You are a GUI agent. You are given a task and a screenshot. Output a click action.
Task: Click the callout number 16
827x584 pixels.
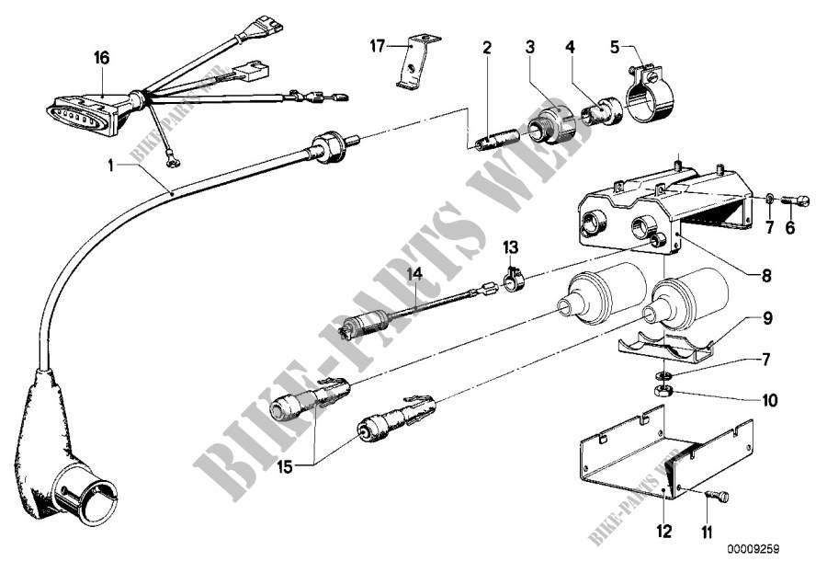(101, 58)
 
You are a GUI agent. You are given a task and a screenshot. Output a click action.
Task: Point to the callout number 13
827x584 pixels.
(511, 248)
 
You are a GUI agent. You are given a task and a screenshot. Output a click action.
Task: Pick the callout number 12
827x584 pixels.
(664, 531)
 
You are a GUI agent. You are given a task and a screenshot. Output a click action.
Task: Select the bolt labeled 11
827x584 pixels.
(716, 497)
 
